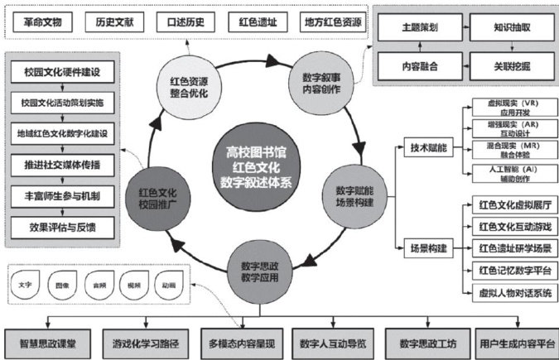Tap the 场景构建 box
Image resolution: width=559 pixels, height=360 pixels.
[429, 246]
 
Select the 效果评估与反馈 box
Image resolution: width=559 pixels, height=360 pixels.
[63, 223]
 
